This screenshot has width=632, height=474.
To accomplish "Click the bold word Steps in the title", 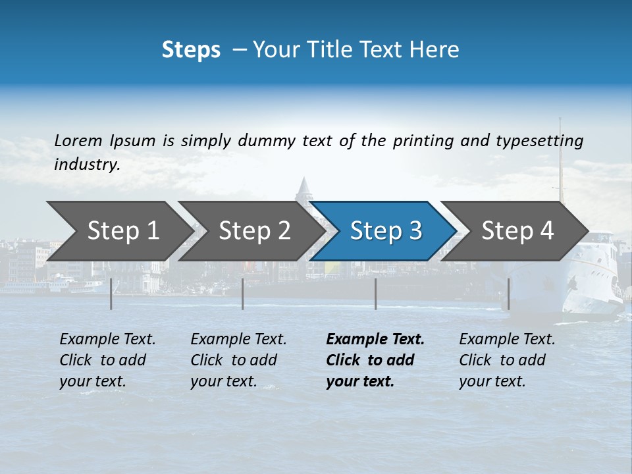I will click(x=191, y=50).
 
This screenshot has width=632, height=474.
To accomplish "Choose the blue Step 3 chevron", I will click(x=385, y=231).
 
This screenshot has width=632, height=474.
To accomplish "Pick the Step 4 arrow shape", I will click(x=517, y=231).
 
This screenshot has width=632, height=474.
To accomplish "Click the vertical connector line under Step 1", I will click(x=111, y=294).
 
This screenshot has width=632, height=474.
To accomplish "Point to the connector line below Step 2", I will click(x=243, y=294).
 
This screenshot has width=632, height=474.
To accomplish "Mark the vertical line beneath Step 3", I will click(x=376, y=294).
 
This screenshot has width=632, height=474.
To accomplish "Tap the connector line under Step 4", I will click(x=508, y=294).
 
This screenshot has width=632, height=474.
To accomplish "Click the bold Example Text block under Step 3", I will click(x=375, y=360).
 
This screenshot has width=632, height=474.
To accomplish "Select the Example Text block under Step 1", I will click(x=108, y=360).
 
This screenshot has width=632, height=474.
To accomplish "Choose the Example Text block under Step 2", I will click(x=239, y=360).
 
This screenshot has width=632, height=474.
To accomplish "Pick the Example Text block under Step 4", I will click(x=508, y=360).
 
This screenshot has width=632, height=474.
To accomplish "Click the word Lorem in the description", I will click(x=78, y=140).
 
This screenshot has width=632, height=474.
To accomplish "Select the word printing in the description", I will click(x=419, y=141).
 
